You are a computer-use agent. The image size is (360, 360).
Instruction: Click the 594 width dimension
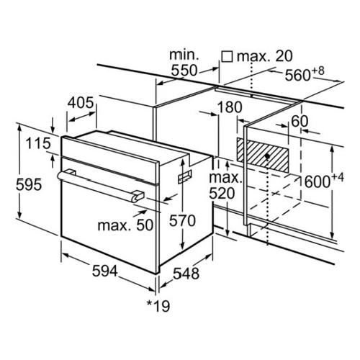point(105,271)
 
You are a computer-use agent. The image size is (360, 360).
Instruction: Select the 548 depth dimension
point(186,274)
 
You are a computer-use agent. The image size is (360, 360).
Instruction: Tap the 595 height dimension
point(29,184)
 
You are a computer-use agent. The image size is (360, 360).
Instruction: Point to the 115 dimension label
point(38,143)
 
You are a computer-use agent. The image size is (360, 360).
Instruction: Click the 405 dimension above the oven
point(81,102)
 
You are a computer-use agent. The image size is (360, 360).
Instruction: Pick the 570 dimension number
point(182,220)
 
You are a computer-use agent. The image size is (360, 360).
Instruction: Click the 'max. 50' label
point(125,225)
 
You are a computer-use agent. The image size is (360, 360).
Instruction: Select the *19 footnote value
point(158,306)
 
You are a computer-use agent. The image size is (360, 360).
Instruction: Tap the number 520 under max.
point(222,193)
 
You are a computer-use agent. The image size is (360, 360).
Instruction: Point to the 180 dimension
point(230,107)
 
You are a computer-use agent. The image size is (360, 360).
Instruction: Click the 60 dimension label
point(300,121)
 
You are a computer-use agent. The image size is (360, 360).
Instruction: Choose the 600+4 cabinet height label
point(324,181)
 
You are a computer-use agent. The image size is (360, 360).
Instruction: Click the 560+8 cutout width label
point(305,73)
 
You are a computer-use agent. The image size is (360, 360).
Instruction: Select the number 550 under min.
point(184,71)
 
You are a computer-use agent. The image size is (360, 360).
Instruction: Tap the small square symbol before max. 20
point(227,57)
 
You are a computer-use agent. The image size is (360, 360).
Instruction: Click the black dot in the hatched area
point(267,156)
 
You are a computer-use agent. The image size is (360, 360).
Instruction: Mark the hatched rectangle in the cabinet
point(263,155)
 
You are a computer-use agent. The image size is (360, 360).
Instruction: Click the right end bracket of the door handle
point(138,195)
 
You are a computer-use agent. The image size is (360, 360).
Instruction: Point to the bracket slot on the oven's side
point(185,176)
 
